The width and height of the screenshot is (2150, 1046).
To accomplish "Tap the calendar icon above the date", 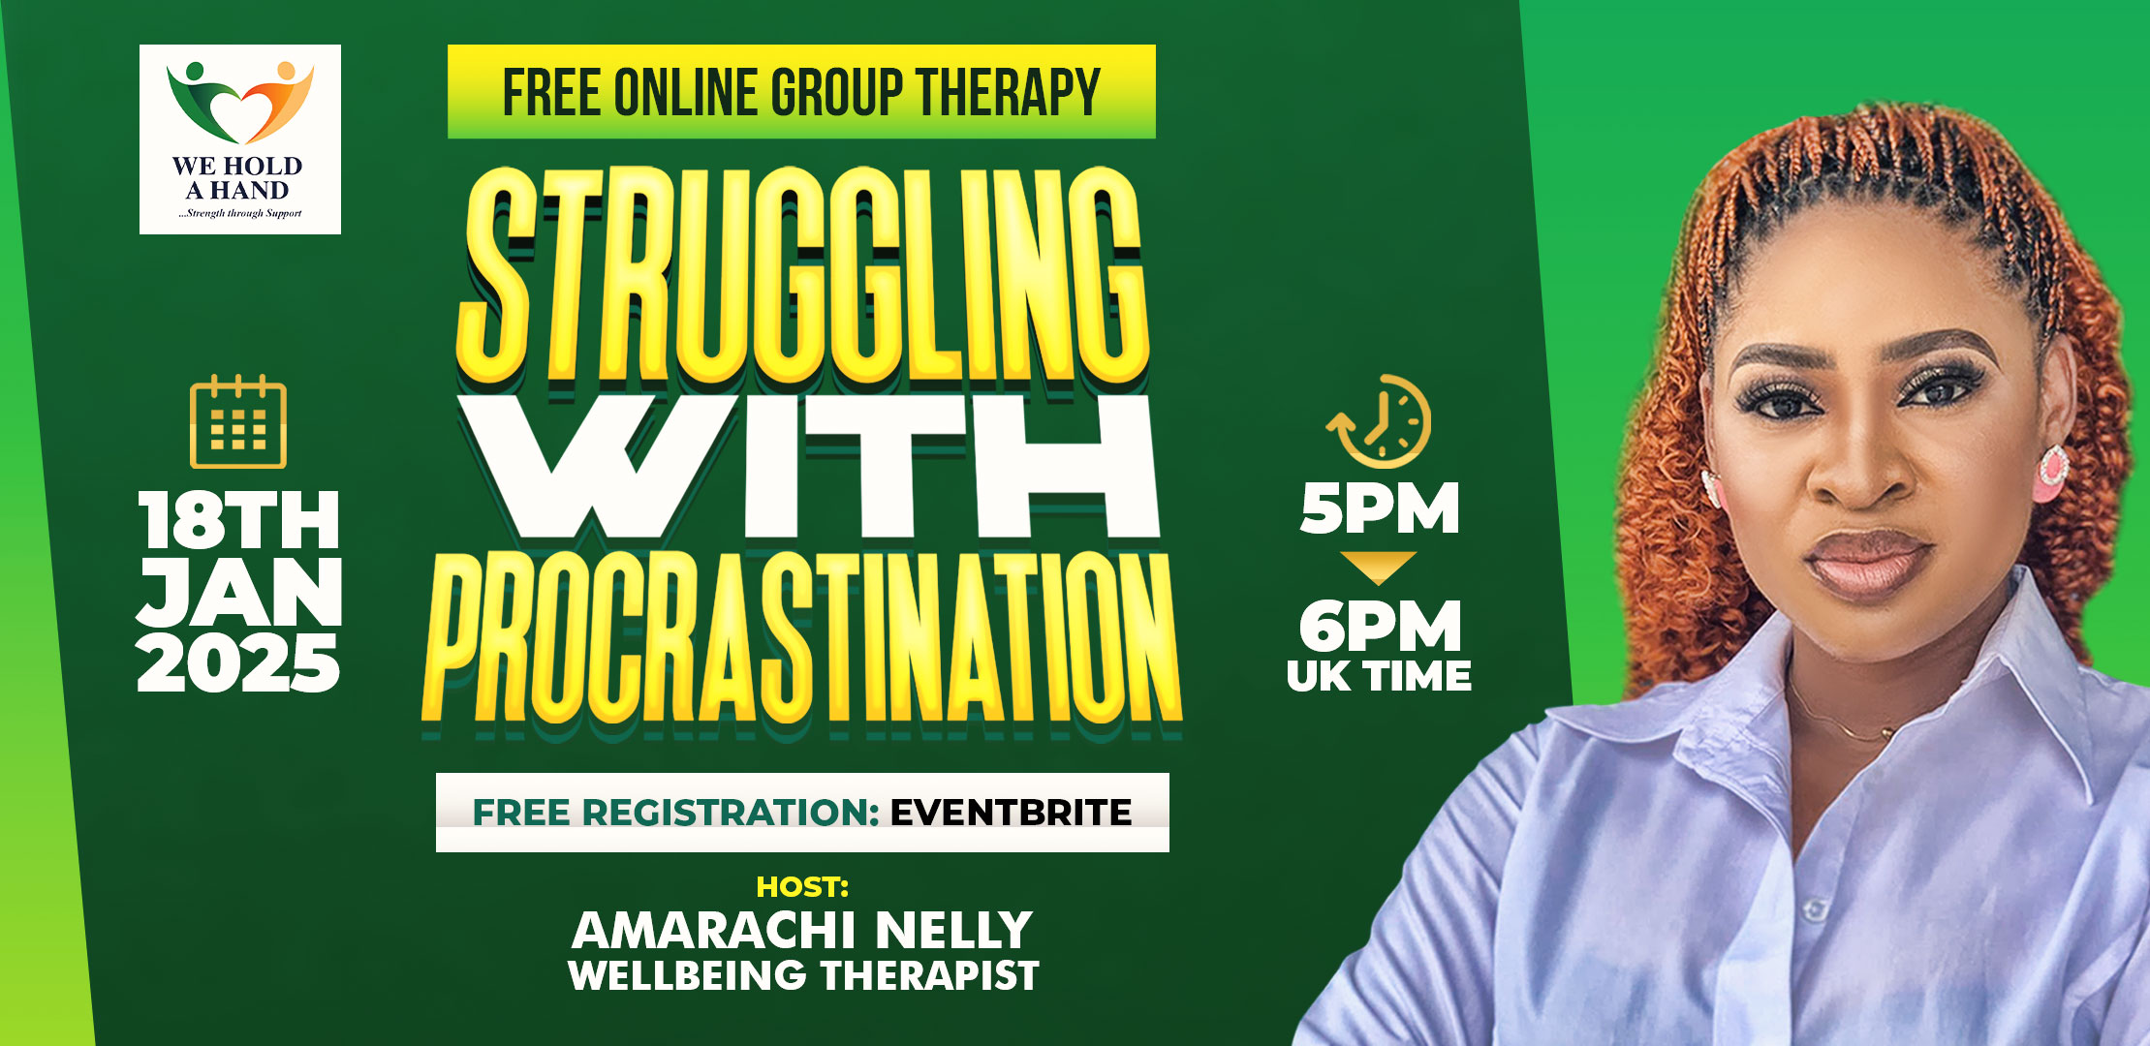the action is [238, 421].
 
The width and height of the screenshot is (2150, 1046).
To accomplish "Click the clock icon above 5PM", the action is [1379, 421].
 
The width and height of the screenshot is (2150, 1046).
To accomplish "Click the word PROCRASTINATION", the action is [802, 639].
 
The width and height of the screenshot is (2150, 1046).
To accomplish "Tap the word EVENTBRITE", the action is [1011, 813].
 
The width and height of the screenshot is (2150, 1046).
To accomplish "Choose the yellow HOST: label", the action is [802, 886].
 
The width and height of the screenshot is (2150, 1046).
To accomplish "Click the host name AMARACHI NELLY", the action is [802, 930].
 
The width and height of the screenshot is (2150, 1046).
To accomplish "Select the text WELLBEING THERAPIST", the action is [803, 975].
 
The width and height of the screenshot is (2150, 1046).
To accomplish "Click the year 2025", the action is [238, 663].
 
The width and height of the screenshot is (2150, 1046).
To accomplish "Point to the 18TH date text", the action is [238, 520].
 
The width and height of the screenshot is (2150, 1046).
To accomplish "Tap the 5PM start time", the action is [1380, 508].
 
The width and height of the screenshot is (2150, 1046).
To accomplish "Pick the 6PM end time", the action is [1380, 627].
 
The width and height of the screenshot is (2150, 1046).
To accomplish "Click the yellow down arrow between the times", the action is [1379, 566].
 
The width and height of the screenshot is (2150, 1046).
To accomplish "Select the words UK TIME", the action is [1379, 676].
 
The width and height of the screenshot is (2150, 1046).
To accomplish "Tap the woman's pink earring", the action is [2052, 473].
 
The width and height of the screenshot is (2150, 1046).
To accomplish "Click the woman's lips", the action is [1865, 564].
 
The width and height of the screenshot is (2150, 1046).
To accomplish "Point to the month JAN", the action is [239, 592].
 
